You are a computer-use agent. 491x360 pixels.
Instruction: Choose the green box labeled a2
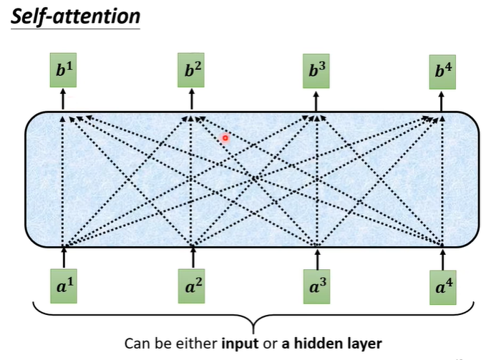(192, 284)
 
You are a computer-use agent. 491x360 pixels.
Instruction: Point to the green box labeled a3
(317, 284)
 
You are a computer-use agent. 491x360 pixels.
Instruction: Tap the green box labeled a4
(444, 284)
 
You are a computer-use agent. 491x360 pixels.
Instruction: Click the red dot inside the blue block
(225, 137)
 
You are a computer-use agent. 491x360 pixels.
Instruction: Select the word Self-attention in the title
(74, 16)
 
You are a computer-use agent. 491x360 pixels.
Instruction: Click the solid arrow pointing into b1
(63, 99)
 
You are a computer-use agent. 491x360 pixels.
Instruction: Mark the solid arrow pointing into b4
(442, 99)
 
